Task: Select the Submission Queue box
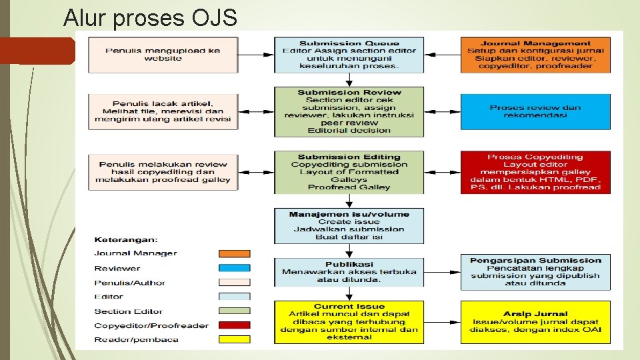pos(349,55)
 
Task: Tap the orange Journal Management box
pos(535,55)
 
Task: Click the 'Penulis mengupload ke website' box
pos(163,55)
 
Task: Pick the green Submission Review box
pos(349,111)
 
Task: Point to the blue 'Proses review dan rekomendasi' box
pos(535,111)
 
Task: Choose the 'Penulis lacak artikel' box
pos(163,111)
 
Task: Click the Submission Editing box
pos(349,172)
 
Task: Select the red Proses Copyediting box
pos(535,172)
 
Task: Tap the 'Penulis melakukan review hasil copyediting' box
pos(163,172)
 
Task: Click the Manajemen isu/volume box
pos(349,225)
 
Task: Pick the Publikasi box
pos(349,272)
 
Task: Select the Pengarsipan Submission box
pos(535,272)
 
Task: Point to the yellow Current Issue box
pos(349,322)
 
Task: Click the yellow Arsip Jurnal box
pos(535,322)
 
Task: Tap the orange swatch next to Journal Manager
pos(235,253)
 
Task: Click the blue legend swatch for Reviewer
pos(235,268)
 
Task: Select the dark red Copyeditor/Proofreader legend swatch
pos(235,325)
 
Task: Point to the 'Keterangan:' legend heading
pos(126,239)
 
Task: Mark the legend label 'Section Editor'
pos(128,311)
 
